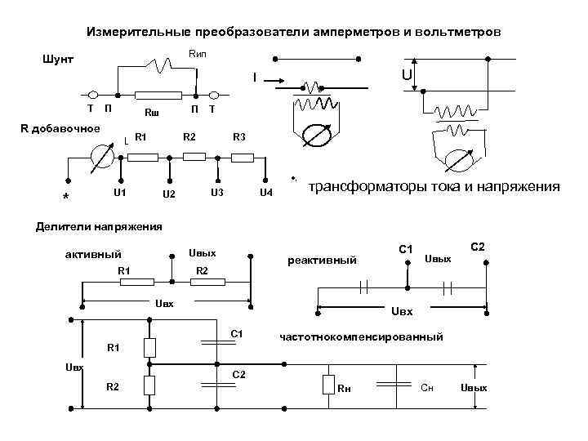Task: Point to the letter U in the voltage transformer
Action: click(x=406, y=75)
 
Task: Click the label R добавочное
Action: click(x=60, y=128)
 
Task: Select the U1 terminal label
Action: click(x=119, y=193)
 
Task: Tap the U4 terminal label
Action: click(x=265, y=194)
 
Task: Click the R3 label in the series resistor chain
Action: click(x=239, y=136)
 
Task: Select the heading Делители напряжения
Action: click(x=99, y=226)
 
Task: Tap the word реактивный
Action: click(x=322, y=261)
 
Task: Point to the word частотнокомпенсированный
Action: click(x=361, y=336)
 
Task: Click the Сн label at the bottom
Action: click(x=427, y=387)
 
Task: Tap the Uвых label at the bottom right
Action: click(x=474, y=387)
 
